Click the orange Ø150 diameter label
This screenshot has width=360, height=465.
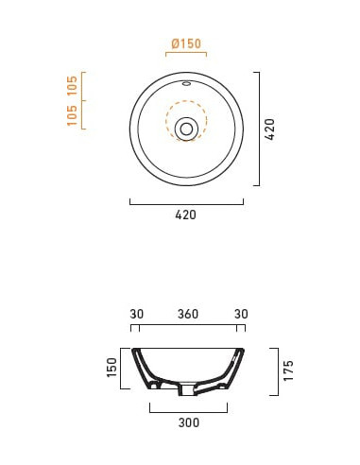click(x=186, y=43)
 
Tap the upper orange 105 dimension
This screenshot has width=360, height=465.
click(x=72, y=85)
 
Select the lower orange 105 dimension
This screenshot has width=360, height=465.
click(x=72, y=115)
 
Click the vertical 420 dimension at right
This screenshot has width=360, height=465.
click(x=270, y=129)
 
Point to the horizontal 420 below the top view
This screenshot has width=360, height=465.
click(x=186, y=215)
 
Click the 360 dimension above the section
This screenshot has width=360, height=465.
click(x=188, y=314)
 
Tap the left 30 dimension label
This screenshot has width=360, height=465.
click(x=136, y=314)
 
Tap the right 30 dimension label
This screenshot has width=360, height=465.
click(x=241, y=314)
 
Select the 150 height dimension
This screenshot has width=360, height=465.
click(x=112, y=368)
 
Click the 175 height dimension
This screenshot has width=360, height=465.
click(x=288, y=370)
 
